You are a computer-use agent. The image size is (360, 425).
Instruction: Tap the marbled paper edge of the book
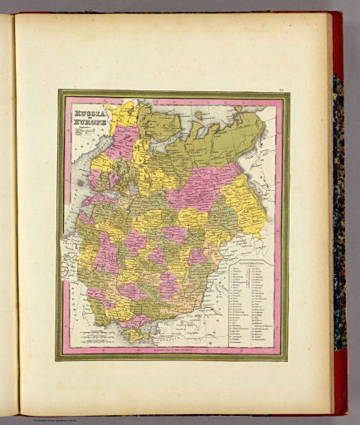coord(338,208)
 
